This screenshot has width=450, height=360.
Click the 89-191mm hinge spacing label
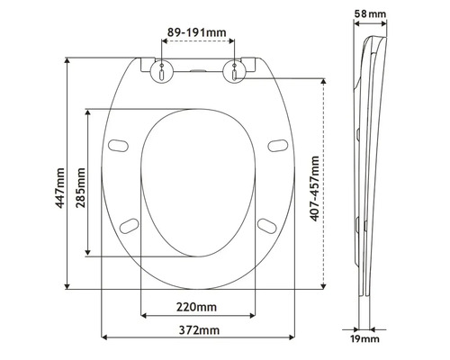tap(198, 33)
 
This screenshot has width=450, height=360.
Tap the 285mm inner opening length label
tap(81, 186)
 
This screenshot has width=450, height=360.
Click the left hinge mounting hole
tap(160, 72)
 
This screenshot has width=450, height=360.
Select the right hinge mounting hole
tap(236, 72)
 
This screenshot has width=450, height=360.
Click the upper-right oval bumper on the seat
tap(276, 144)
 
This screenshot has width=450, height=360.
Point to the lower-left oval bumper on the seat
tap(130, 225)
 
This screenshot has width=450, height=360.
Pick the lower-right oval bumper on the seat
tap(266, 225)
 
